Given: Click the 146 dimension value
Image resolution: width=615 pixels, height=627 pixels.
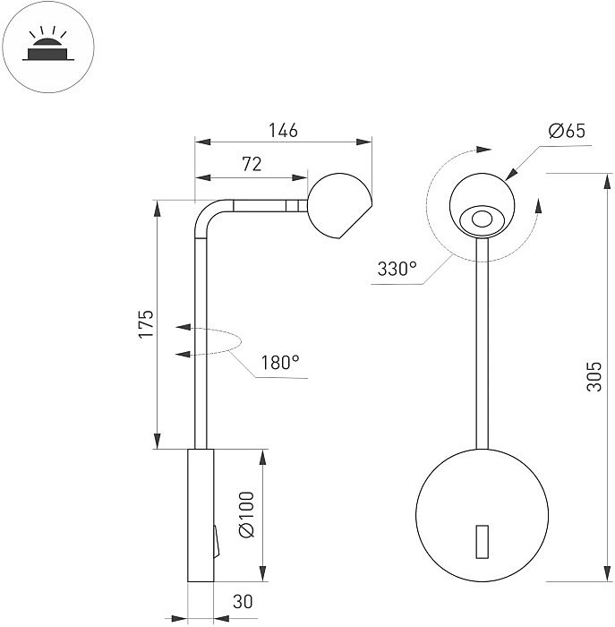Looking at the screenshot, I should (283, 131).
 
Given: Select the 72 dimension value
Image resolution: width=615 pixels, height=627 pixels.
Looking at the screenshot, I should (252, 163).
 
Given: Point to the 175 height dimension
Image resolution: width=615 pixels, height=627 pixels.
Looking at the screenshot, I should (146, 323).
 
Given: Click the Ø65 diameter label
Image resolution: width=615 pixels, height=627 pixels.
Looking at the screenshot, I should (566, 131).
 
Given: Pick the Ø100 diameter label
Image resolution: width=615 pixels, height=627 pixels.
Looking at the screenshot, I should (247, 514).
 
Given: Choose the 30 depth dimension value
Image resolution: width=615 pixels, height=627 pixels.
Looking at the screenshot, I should (240, 603).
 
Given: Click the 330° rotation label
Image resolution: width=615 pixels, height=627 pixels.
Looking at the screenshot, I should (397, 268).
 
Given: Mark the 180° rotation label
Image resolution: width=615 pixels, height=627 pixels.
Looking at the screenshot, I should (280, 363).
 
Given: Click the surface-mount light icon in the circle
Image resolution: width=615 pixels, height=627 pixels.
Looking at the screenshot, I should (44, 45).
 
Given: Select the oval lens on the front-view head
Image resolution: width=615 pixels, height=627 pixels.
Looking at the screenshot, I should (482, 219).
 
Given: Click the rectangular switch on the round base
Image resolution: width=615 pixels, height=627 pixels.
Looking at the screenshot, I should (482, 540).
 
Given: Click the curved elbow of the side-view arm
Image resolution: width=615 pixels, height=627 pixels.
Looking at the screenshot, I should (206, 216).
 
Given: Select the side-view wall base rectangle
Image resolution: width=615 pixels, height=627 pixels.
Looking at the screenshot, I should (201, 518).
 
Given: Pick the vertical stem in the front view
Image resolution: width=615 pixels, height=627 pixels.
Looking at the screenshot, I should (482, 349).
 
